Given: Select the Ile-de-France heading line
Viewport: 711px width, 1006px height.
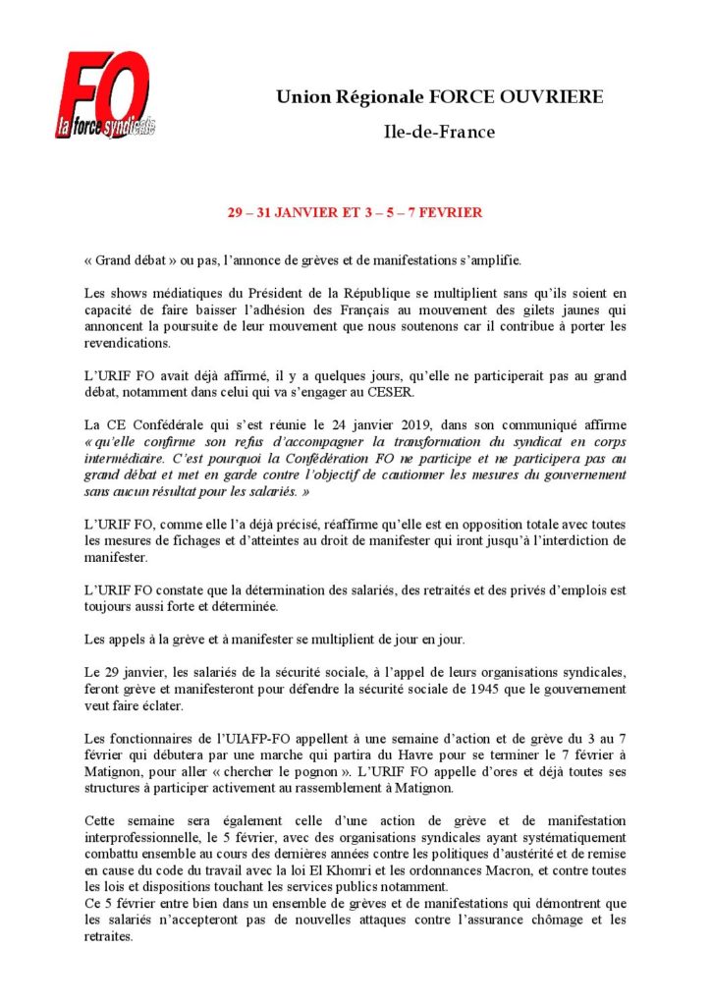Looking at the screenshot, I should tap(439, 132).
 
